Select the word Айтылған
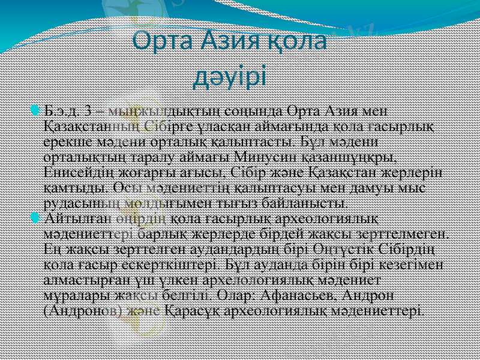pos(71,217)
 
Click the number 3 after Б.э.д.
pos(89,112)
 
